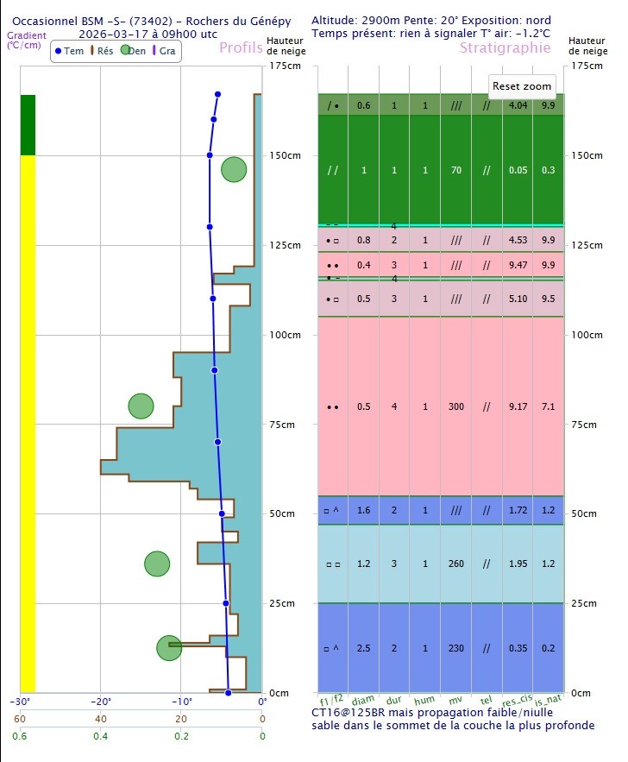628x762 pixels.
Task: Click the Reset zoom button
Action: tap(522, 86)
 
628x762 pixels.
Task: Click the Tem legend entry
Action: tap(70, 51)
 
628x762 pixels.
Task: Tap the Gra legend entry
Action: tap(163, 51)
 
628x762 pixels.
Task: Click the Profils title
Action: tap(241, 48)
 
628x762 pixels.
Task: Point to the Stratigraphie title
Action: tap(505, 48)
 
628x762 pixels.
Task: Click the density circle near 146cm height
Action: tap(234, 170)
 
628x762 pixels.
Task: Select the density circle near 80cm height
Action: tap(141, 406)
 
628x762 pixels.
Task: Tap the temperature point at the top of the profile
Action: tap(217, 94)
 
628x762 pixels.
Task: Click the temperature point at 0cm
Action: tap(229, 692)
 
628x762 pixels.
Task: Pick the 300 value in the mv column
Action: tap(456, 406)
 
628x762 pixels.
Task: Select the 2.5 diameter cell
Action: tap(364, 647)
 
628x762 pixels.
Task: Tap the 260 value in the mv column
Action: tap(456, 564)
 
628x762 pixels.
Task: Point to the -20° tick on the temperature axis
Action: tap(100, 702)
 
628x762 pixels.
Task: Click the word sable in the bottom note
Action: tap(327, 726)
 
